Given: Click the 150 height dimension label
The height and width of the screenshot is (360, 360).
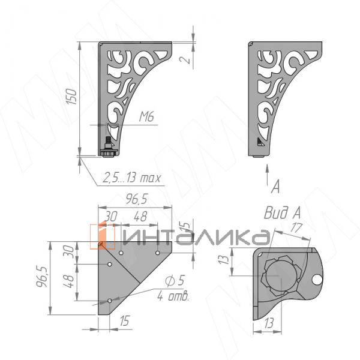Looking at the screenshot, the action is pyautogui.click(x=71, y=97).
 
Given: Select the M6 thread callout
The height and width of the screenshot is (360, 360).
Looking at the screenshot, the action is pyautogui.click(x=147, y=117).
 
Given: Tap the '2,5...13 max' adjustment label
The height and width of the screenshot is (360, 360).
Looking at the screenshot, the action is pyautogui.click(x=131, y=178).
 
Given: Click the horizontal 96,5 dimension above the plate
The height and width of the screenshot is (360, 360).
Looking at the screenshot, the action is pyautogui.click(x=137, y=200).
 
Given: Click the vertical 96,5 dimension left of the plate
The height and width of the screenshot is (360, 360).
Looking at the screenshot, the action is pyautogui.click(x=41, y=277).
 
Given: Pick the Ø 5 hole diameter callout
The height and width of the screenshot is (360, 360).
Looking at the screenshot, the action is pyautogui.click(x=175, y=281).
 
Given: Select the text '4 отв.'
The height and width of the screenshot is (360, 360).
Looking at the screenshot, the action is pyautogui.click(x=173, y=296).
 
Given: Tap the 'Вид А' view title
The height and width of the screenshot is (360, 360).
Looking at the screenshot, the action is pyautogui.click(x=283, y=213).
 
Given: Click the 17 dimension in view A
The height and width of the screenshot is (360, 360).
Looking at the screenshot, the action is pyautogui.click(x=296, y=228).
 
